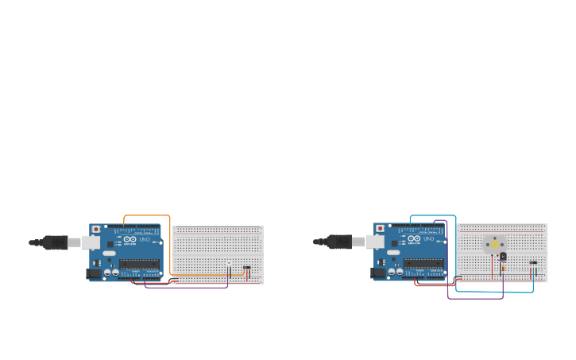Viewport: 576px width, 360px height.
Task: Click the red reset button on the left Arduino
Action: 96,229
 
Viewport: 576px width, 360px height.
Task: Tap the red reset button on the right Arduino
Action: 380,229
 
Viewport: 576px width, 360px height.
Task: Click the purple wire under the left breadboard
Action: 187,287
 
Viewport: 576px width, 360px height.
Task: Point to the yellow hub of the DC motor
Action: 494,245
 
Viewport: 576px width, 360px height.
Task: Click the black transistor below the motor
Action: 502,257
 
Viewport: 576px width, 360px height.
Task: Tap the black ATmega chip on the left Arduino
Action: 139,264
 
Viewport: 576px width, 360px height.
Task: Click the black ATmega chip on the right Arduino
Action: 423,264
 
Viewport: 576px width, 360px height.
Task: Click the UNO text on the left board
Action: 145,239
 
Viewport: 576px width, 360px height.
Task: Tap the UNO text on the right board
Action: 428,239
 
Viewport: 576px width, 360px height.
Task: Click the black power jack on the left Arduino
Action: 92,273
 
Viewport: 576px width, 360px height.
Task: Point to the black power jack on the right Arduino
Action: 376,273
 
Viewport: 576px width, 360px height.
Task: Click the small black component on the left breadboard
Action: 246,267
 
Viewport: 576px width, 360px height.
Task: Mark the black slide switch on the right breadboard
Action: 532,262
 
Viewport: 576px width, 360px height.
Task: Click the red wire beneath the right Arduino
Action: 433,285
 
